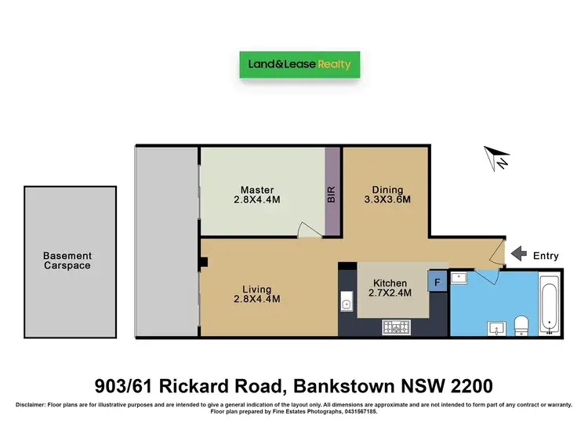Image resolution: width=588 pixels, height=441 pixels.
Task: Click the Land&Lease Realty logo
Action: [x=299, y=64]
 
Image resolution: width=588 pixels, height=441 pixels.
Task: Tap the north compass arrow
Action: [x=495, y=159]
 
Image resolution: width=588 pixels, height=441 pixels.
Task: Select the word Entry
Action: [x=546, y=255]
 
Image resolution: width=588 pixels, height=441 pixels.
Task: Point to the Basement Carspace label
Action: [x=67, y=261]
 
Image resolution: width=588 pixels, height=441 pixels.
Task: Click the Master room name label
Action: [x=257, y=190]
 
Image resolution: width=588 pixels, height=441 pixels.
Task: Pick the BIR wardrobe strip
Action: [x=332, y=191]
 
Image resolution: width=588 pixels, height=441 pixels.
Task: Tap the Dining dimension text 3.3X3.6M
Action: [x=387, y=200]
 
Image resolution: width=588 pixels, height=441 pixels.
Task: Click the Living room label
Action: [x=257, y=288]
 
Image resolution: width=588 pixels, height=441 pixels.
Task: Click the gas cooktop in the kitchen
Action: [x=395, y=327]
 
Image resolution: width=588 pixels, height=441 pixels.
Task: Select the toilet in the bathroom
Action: [x=519, y=325]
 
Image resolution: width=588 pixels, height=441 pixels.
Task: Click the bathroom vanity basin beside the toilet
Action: [x=495, y=326]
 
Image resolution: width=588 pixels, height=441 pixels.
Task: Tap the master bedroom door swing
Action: [x=309, y=229]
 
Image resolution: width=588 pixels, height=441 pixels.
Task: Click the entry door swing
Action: [x=495, y=251]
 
